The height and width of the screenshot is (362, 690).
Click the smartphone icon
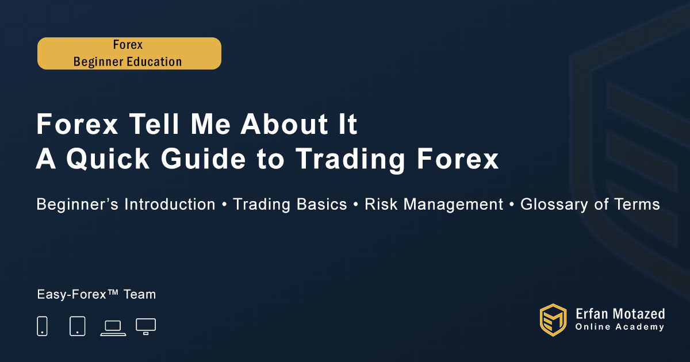tap(42, 326)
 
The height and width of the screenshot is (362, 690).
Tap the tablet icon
tap(78, 326)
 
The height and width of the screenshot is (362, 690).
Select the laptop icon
tap(113, 328)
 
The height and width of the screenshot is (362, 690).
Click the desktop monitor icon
tap(145, 326)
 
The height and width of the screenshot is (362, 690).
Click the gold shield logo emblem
tap(553, 320)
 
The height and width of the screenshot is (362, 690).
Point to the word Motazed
tap(638, 314)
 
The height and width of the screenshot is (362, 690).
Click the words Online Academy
tap(619, 327)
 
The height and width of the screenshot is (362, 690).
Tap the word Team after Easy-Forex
tap(140, 295)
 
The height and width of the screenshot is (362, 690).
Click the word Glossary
tap(554, 205)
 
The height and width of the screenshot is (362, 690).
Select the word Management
tap(453, 205)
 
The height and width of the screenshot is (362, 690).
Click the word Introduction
tap(170, 205)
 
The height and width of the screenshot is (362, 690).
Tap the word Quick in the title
tap(108, 159)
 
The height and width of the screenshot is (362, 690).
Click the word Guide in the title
tap(204, 159)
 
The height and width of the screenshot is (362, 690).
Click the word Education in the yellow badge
tap(154, 61)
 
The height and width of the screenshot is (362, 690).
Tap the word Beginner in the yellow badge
tap(98, 62)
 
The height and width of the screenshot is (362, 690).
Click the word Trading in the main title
tap(350, 159)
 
